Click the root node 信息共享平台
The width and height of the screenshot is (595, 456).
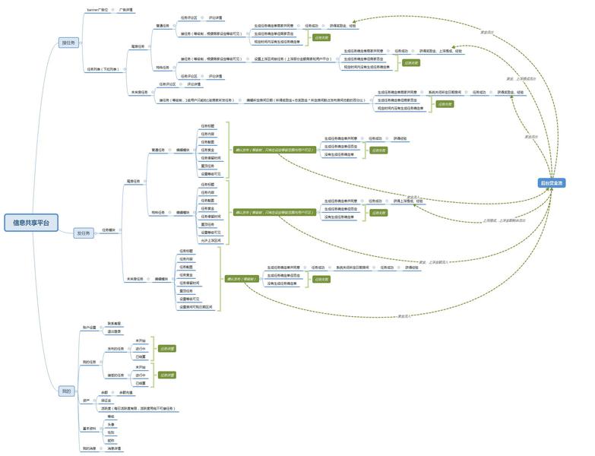pyautogui.click(x=30, y=223)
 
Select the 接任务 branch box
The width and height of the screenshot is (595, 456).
pyautogui.click(x=68, y=43)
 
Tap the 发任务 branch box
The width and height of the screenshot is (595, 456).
pyautogui.click(x=84, y=233)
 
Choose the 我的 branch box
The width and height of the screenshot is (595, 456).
pyautogui.click(x=67, y=391)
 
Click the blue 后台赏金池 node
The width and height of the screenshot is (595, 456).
pyautogui.click(x=552, y=183)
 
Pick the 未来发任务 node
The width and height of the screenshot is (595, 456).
pyautogui.click(x=135, y=279)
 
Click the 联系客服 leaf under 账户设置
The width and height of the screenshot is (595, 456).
pyautogui.click(x=114, y=324)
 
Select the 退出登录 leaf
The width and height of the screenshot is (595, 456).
pyautogui.click(x=114, y=331)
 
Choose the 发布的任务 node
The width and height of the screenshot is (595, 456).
pyautogui.click(x=116, y=348)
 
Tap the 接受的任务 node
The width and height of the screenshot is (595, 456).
pyautogui.click(x=116, y=375)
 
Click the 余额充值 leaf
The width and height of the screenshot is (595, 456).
pyautogui.click(x=125, y=392)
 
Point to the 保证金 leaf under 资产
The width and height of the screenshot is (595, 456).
pyautogui.click(x=106, y=401)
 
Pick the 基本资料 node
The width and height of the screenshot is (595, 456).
pyautogui.click(x=90, y=429)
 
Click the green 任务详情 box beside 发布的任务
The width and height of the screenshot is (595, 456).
pyautogui.click(x=166, y=348)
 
